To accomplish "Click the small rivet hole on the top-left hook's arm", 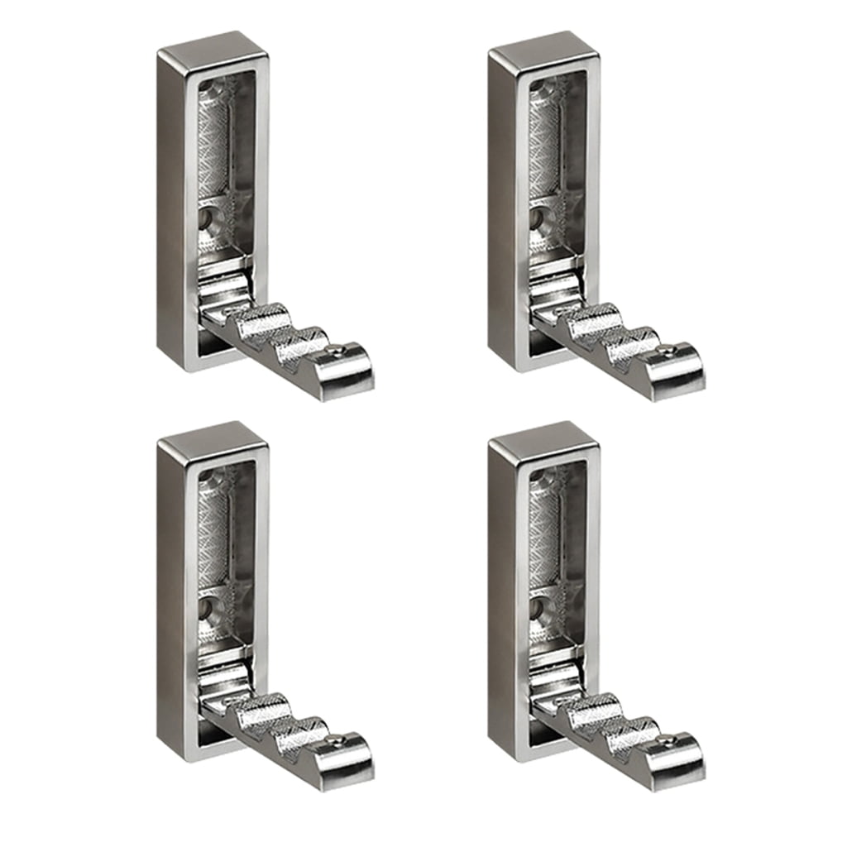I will pos(336,352).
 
